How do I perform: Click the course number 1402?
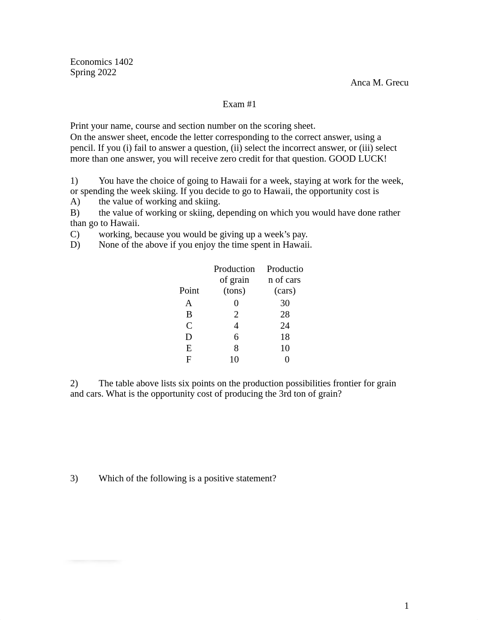pos(124,62)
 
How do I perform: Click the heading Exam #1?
pos(239,104)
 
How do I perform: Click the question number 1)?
pos(74,181)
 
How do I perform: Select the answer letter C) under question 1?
pos(75,235)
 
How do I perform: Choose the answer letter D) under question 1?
pos(75,245)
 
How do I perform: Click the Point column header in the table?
pos(189,291)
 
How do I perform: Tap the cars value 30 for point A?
pos(285,303)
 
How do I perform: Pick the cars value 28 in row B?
pos(285,315)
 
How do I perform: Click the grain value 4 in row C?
pos(236,326)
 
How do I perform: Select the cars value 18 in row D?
pos(285,337)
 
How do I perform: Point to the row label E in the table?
pos(189,348)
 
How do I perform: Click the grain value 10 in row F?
pos(234,360)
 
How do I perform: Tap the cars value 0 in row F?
pos(287,360)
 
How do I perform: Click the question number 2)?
pos(74,384)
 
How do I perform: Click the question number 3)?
pos(74,479)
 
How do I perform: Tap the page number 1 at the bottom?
pos(406,606)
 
